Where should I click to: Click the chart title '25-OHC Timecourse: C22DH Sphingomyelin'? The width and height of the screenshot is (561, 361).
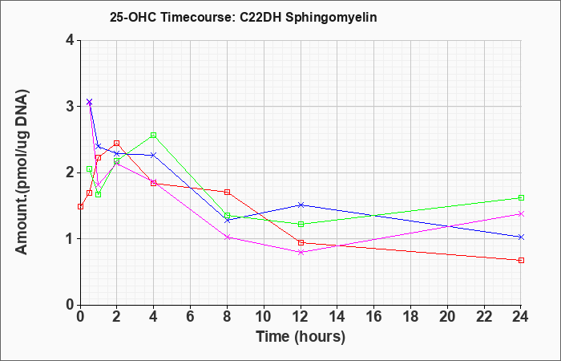coord(244,17)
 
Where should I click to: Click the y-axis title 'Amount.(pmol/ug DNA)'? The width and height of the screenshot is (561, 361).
coord(22,172)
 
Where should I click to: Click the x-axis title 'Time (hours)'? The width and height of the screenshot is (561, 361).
coord(301,337)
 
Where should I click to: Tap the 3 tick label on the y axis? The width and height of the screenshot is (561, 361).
coord(71,107)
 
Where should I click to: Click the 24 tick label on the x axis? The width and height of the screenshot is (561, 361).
coord(521,316)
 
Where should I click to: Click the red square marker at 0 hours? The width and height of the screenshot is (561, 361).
coord(80,207)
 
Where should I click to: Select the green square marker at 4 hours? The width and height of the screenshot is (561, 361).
coord(154,135)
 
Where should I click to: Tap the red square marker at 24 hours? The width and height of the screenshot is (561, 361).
coord(521,261)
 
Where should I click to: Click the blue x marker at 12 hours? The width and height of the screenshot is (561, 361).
coord(301,205)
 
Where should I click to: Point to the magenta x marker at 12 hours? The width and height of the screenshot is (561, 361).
coord(301,252)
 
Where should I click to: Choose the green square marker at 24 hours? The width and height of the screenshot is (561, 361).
coord(521,197)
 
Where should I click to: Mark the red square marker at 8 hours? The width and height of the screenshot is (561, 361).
coord(227,192)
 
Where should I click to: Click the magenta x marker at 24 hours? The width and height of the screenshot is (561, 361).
coord(521,214)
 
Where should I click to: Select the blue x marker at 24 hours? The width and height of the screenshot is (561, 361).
coord(521,237)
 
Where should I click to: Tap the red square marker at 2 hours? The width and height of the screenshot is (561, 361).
coord(117,144)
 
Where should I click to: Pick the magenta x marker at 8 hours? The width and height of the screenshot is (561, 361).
coord(227,237)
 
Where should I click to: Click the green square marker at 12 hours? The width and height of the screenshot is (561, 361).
coord(301,224)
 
